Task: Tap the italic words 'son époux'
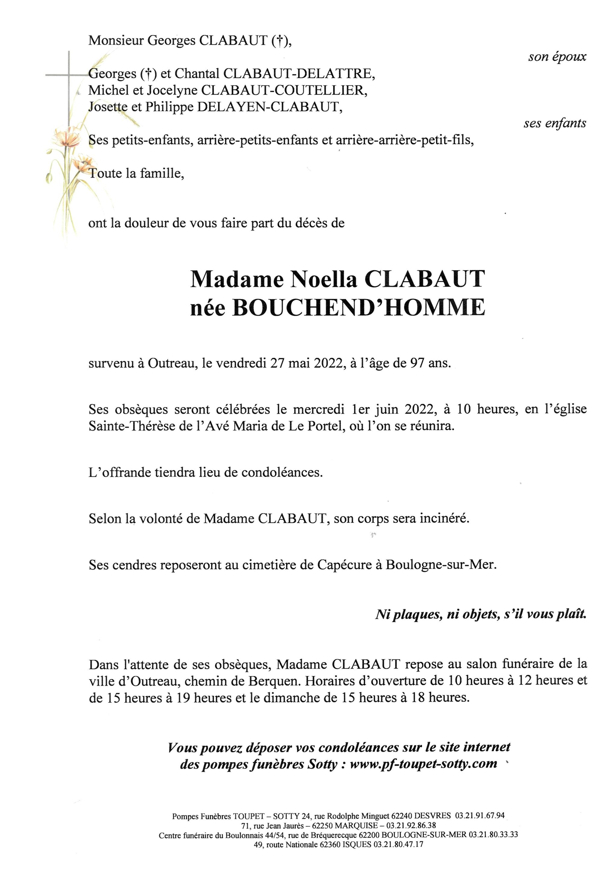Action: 557,57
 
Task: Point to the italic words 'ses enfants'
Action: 555,123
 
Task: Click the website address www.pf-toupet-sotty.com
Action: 423,753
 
